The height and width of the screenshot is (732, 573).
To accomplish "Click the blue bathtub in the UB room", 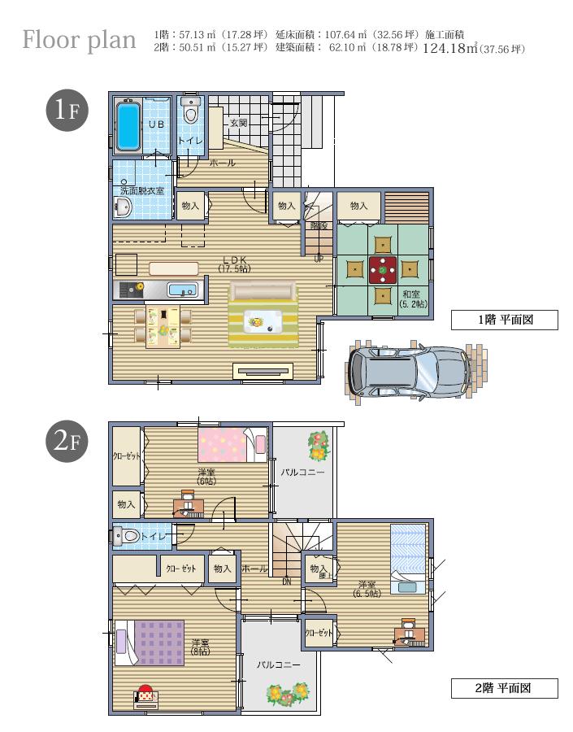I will [x=129, y=126].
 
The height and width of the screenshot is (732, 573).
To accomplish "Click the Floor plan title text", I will [x=79, y=40].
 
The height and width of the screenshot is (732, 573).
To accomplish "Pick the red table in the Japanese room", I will [x=382, y=268].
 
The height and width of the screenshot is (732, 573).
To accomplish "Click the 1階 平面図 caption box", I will [x=504, y=320].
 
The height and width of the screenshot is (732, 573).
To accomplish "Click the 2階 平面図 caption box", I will [x=504, y=688].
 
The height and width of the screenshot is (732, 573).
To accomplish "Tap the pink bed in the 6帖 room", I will [x=224, y=444].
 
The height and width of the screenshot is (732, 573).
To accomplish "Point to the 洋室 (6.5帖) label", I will [x=368, y=588].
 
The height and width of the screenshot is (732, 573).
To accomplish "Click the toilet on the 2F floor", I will [x=128, y=536].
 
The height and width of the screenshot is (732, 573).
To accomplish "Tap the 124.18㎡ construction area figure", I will [x=449, y=49].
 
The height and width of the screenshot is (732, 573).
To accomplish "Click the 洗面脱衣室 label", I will [x=141, y=190].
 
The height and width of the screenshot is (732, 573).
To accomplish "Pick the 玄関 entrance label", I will [x=238, y=124].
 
